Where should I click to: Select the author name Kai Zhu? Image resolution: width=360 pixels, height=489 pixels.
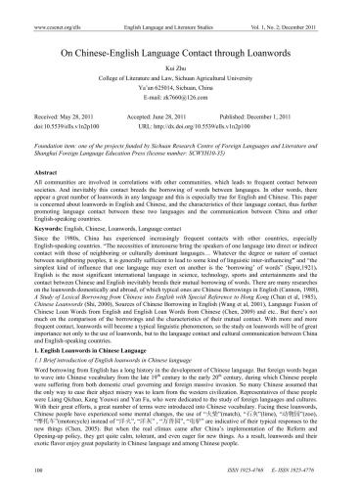(x=180, y=59)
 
